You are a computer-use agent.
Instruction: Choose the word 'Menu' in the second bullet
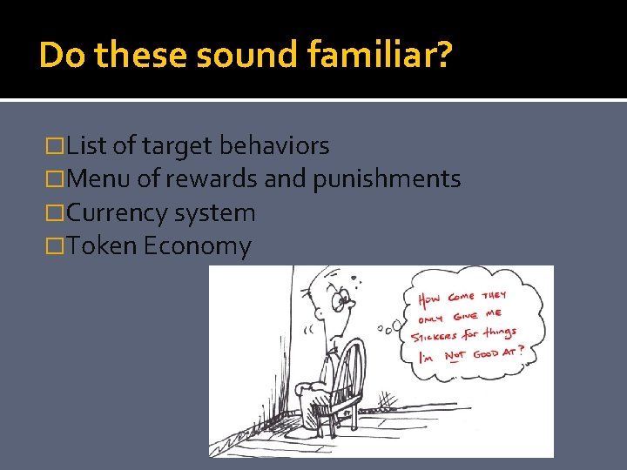click(x=98, y=179)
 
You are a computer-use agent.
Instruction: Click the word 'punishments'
click(x=387, y=179)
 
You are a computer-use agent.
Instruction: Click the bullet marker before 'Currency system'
click(x=58, y=213)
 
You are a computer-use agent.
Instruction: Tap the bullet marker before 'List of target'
click(x=58, y=146)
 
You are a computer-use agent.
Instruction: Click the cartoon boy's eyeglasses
click(x=345, y=301)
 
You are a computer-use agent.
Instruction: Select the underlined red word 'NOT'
click(x=454, y=356)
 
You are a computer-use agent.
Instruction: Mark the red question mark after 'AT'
click(x=520, y=351)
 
